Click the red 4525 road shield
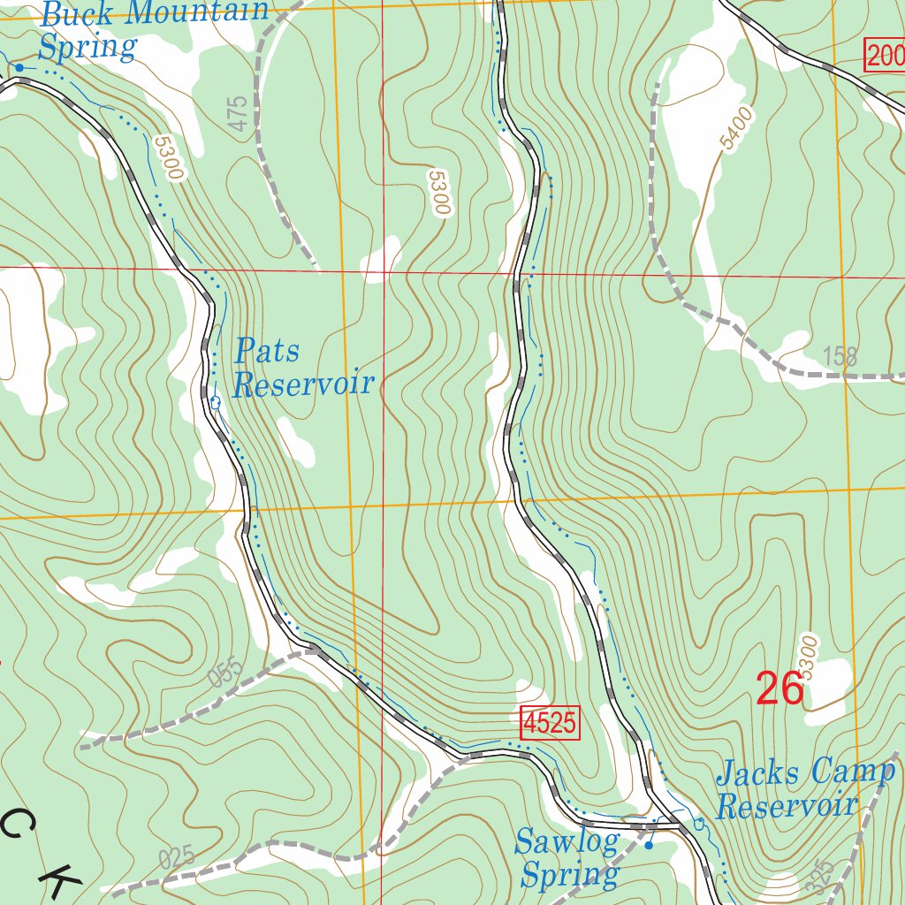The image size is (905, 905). [549, 724]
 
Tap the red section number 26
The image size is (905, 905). [780, 688]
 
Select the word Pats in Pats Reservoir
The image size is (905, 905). [267, 352]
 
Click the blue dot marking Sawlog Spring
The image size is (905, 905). [648, 846]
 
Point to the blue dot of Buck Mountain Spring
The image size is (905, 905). [19, 67]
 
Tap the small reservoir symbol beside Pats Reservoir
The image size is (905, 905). [215, 402]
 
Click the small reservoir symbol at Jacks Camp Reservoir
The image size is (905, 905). [699, 825]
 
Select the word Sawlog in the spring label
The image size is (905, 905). [567, 841]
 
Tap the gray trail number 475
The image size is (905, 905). [238, 115]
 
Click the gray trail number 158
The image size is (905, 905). [840, 356]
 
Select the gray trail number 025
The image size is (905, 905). [177, 857]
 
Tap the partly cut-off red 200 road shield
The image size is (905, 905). [884, 57]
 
